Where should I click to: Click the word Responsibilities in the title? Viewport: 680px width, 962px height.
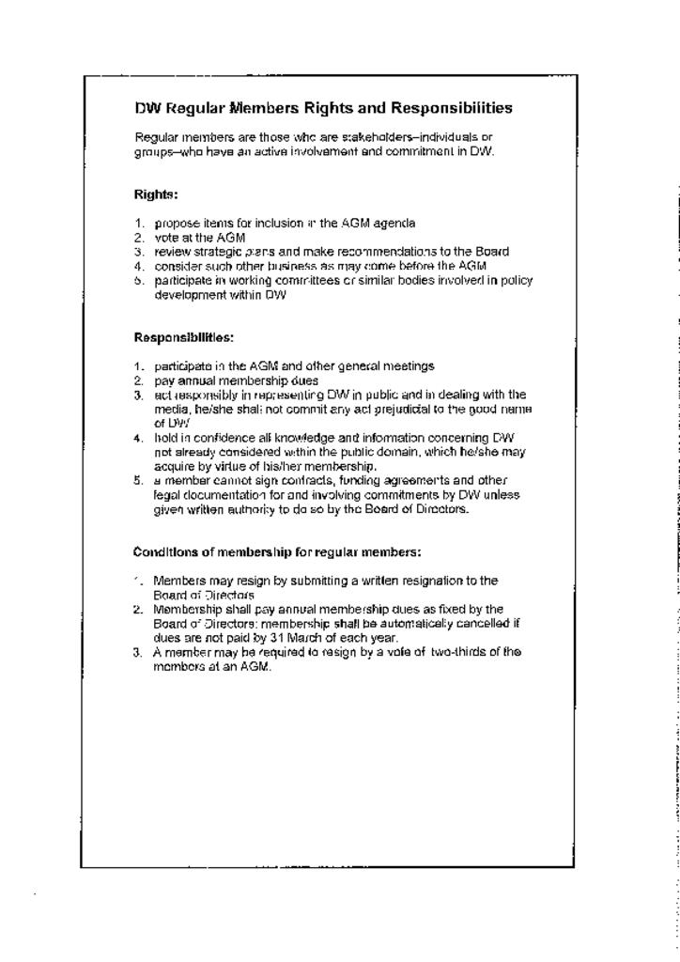[x=452, y=108]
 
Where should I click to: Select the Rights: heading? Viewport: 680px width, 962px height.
[x=156, y=194]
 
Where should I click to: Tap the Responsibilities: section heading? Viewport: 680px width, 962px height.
[x=183, y=337]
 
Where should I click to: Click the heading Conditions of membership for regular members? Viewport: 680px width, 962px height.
[x=277, y=551]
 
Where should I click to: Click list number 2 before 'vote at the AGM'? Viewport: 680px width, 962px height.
[x=138, y=238]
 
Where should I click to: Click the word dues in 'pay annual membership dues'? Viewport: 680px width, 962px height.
[x=303, y=380]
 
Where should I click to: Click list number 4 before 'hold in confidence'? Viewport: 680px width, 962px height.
[x=138, y=438]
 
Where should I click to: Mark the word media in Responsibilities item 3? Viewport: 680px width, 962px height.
[x=169, y=409]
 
